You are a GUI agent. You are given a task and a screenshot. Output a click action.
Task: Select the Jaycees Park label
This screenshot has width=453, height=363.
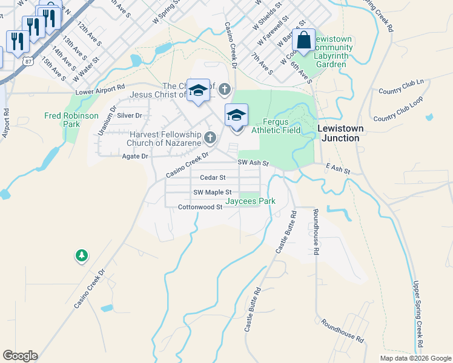coord(250,201)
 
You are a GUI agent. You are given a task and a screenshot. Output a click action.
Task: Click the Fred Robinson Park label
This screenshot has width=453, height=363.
coord(62,120)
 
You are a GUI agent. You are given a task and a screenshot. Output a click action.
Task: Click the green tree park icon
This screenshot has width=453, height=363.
coord(81,256)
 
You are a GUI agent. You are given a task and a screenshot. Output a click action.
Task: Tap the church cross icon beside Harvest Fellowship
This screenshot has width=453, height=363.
coord(210,138)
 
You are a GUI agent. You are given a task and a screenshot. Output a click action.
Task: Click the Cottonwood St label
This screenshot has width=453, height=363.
coord(200,207)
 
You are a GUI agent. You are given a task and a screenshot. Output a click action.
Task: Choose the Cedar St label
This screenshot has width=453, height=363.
coord(213,178)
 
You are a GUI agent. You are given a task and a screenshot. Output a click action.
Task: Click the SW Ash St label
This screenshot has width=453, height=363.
coord(253,163)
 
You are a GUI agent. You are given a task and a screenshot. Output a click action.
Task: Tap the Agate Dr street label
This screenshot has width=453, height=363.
coord(135,156)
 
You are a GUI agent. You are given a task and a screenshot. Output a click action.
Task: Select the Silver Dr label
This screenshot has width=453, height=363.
coord(129,115)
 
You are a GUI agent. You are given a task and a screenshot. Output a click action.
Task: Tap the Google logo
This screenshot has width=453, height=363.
coord(20,356)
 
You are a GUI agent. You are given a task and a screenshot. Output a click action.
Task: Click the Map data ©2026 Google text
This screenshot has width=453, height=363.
coord(415,358)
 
